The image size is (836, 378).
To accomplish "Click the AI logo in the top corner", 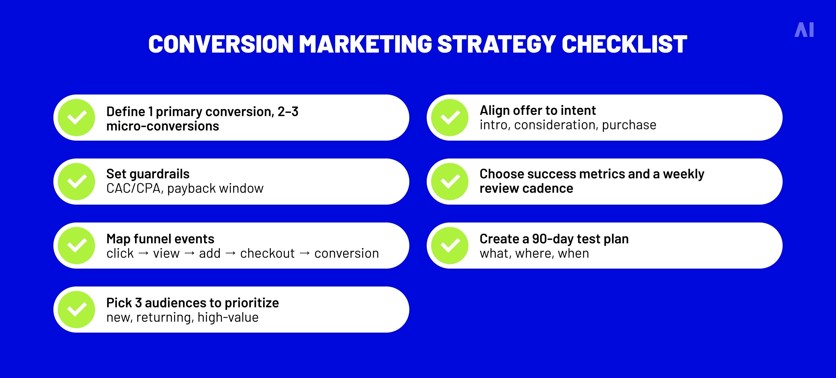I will pyautogui.click(x=804, y=30).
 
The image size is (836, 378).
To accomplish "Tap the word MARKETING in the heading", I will pyautogui.click(x=365, y=44).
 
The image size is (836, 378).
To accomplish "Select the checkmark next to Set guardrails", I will pyautogui.click(x=77, y=182).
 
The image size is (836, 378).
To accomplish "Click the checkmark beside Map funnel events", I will pyautogui.click(x=77, y=245).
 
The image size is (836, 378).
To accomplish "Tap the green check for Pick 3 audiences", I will pyautogui.click(x=77, y=309).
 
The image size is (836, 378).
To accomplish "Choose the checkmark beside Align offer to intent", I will pyautogui.click(x=450, y=117).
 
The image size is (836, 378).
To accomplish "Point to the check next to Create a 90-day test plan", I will pyautogui.click(x=450, y=245).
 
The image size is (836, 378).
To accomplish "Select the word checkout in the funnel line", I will pyautogui.click(x=267, y=253).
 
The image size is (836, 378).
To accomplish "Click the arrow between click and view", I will pyautogui.click(x=143, y=253).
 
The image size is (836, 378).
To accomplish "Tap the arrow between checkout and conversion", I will pyautogui.click(x=304, y=253).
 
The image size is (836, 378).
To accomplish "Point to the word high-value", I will pyautogui.click(x=228, y=317).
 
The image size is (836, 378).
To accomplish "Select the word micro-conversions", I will pyautogui.click(x=163, y=126).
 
